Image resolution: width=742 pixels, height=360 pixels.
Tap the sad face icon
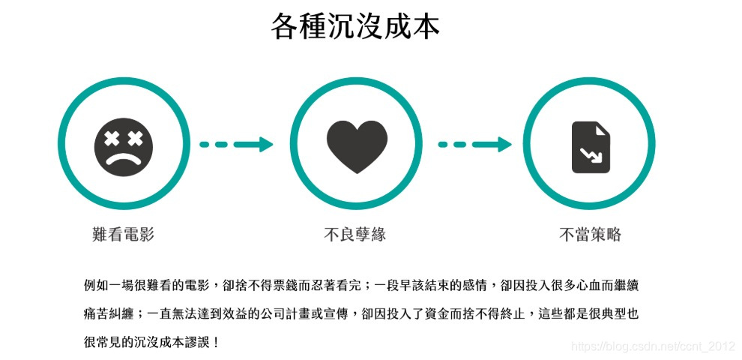pos(124,145)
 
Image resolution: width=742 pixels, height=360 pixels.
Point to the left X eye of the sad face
pos(112,138)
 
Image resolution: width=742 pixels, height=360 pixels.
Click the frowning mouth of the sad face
pos(124,158)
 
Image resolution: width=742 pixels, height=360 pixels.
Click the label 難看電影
pos(123,235)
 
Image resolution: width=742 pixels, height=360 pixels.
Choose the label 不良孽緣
pos(355,235)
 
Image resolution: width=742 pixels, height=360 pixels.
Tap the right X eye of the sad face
pos(136,138)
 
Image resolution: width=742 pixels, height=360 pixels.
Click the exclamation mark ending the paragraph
pos(217,343)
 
